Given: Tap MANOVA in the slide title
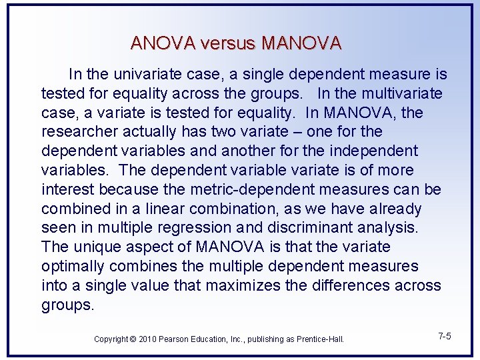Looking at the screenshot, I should (x=302, y=44).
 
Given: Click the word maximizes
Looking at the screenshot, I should (x=245, y=285).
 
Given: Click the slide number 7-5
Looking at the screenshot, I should (x=445, y=336).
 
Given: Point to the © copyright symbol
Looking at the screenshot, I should (x=134, y=339).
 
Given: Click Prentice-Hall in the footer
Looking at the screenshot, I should (x=319, y=339).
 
